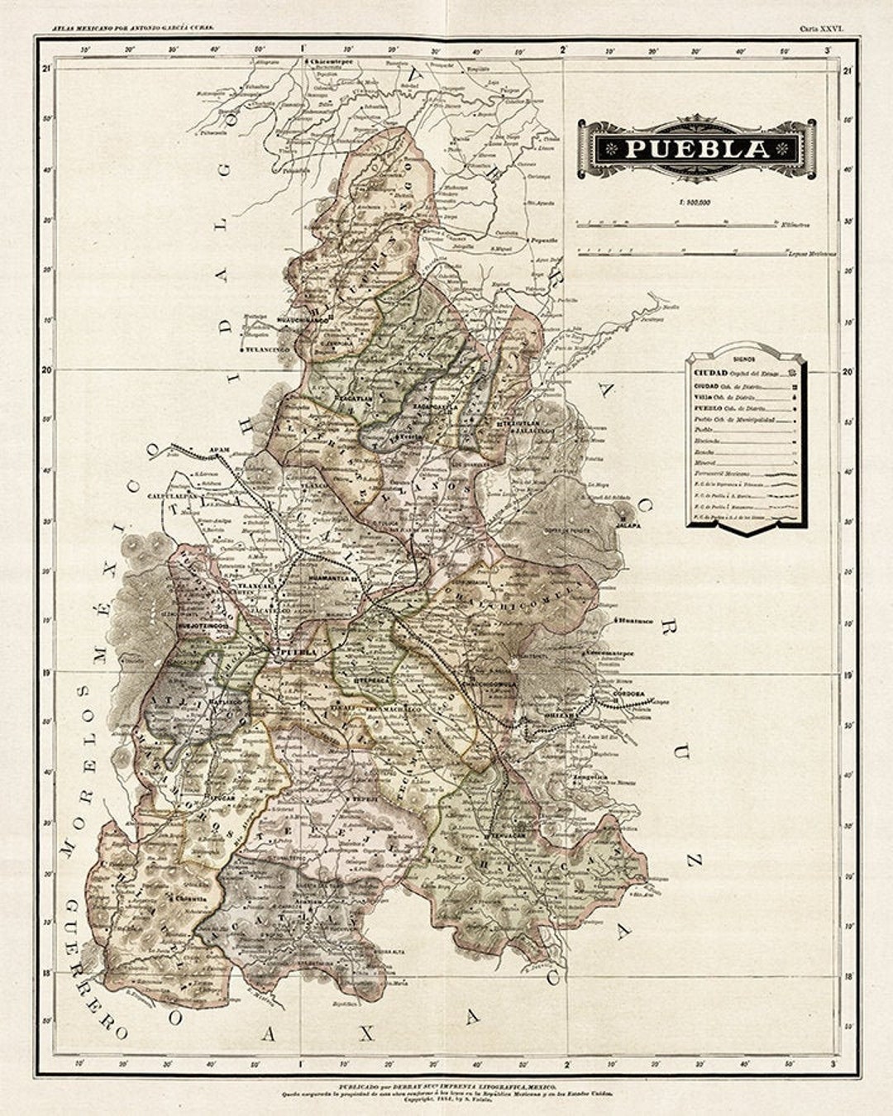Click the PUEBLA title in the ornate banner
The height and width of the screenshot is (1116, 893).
point(696,149)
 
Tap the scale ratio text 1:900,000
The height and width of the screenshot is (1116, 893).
point(695,203)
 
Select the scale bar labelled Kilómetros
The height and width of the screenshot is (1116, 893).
point(678,223)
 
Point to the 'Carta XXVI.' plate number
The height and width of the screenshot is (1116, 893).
point(820,28)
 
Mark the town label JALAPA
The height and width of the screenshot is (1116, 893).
point(629,524)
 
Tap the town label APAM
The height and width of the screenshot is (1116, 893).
point(218,451)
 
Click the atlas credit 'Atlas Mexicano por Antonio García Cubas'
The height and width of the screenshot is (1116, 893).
point(132,28)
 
